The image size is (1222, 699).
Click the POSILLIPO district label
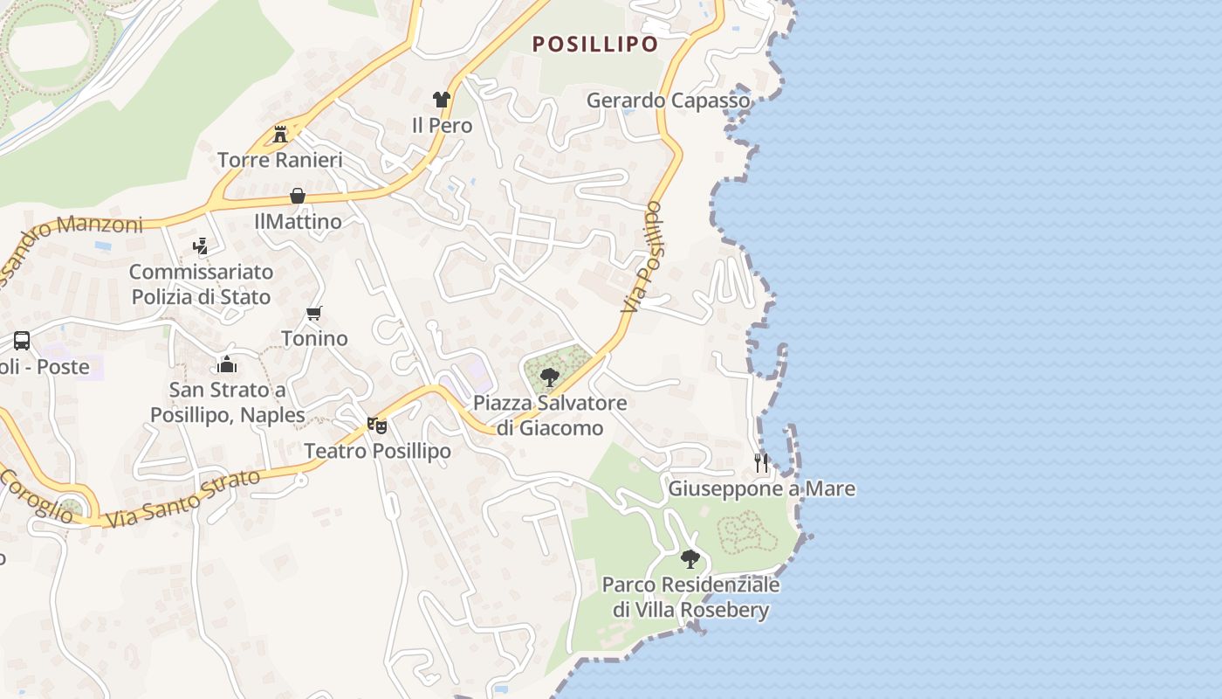(595, 45)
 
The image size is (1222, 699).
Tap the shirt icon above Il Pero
(441, 100)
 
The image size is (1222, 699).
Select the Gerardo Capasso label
(668, 100)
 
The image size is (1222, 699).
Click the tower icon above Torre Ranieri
(280, 134)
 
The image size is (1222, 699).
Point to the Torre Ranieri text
(279, 160)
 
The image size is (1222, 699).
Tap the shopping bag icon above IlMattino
(298, 196)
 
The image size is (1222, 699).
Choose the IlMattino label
(298, 222)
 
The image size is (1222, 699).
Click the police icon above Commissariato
(201, 246)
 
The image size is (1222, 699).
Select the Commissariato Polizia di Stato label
(201, 284)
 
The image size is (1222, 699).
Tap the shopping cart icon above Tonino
(314, 313)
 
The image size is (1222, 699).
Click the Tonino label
(314, 338)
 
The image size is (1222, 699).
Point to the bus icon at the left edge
(22, 341)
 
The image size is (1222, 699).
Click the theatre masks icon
(376, 425)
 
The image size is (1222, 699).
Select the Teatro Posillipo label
(377, 451)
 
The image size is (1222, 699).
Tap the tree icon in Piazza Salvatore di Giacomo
(550, 377)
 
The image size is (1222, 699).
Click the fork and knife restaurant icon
(761, 462)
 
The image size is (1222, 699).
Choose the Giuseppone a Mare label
(761, 488)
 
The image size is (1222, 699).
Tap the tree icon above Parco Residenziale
(690, 558)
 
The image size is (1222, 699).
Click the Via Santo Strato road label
(182, 499)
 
